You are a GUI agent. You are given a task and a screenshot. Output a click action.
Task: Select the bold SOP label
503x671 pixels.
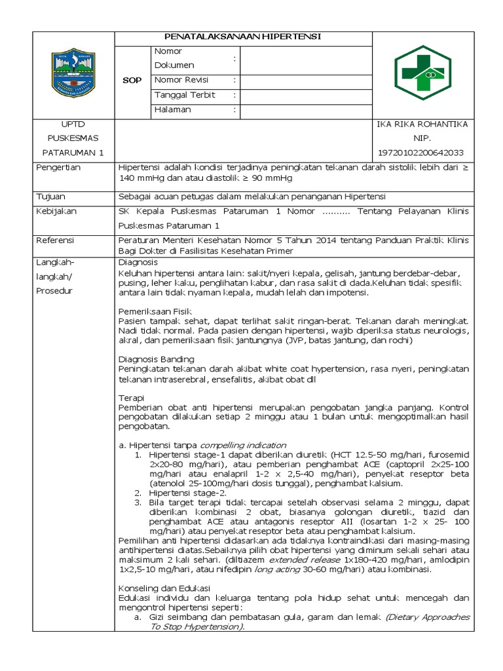(x=132, y=81)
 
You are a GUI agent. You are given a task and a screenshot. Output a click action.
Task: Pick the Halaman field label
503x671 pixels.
(x=173, y=109)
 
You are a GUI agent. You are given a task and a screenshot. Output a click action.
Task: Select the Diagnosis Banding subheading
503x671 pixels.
(x=156, y=359)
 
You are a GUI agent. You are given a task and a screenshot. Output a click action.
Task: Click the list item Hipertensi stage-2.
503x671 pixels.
(x=187, y=492)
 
